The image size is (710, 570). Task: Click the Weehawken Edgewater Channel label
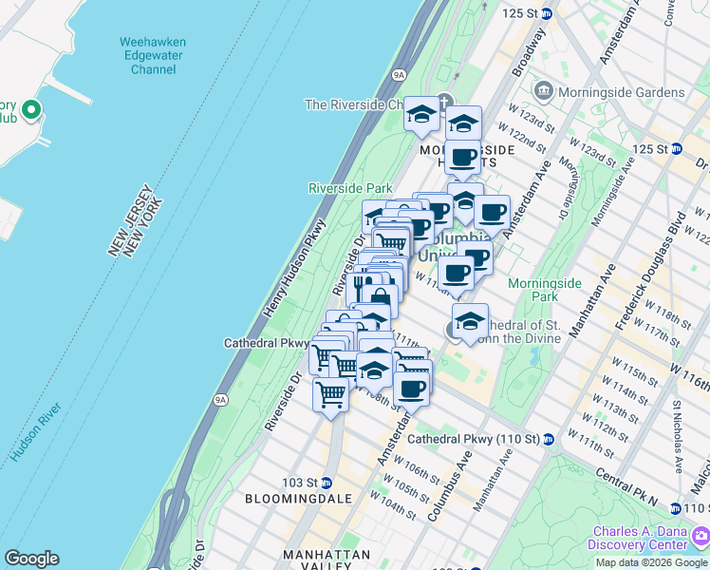click(x=153, y=55)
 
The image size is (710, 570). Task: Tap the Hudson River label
click(x=37, y=433)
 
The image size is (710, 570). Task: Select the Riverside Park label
click(x=350, y=188)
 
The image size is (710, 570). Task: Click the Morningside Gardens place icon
click(x=545, y=92)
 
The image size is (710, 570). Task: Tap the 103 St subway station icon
click(x=327, y=483)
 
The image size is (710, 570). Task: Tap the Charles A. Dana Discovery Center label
click(x=641, y=539)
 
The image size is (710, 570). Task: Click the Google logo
click(x=31, y=559)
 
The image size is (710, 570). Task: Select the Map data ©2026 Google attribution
click(x=652, y=562)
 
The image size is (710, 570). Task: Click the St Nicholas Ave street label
click(x=678, y=436)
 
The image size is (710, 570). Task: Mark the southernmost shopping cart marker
click(x=330, y=393)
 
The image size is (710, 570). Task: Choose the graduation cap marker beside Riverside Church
click(x=420, y=116)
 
